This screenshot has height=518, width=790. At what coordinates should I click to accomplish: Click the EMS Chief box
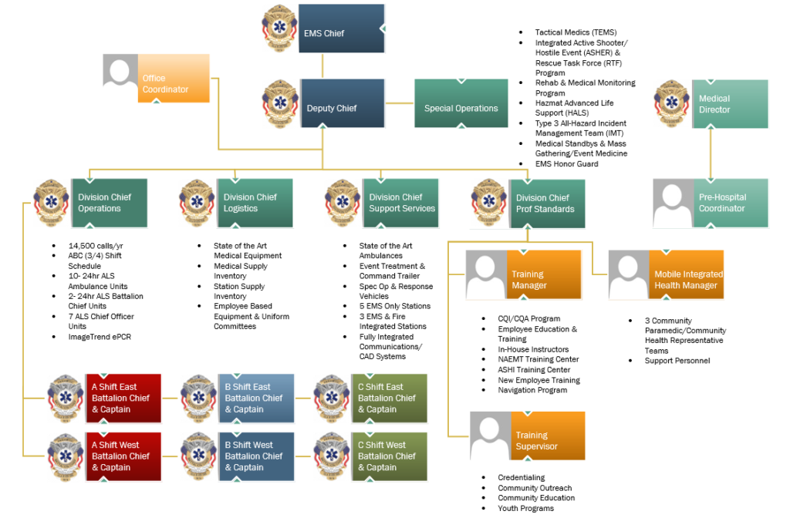click(x=341, y=29)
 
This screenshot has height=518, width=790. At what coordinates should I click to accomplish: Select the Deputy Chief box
click(x=341, y=104)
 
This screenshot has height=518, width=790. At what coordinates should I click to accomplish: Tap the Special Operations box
click(x=461, y=104)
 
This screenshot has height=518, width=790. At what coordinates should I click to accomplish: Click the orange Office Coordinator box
click(x=174, y=79)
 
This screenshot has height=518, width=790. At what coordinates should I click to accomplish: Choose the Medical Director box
click(x=730, y=104)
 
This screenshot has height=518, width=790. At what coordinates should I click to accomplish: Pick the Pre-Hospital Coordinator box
click(x=730, y=203)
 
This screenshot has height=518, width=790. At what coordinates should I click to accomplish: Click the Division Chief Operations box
click(x=110, y=203)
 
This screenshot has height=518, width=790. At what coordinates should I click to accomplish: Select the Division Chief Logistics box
click(x=257, y=203)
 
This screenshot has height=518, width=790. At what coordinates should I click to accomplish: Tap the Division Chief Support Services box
click(x=401, y=202)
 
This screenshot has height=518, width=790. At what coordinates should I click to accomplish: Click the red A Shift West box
click(x=123, y=456)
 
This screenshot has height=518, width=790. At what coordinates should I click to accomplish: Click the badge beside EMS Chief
click(x=279, y=29)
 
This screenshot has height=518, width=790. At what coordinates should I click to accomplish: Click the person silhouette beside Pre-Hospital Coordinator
click(x=673, y=203)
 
